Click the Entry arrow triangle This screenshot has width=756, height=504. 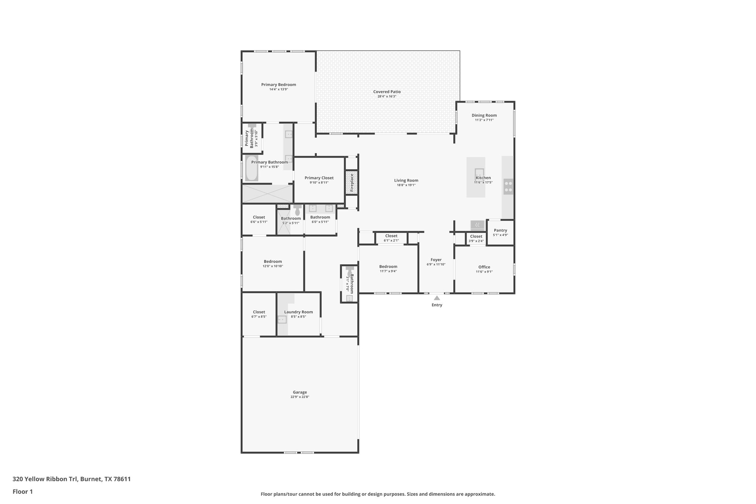pos(437,298)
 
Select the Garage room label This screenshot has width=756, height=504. pos(300,392)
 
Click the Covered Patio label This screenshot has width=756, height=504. pos(386,92)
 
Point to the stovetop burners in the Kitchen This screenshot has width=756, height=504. pos(508,186)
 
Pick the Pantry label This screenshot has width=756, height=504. pos(500,230)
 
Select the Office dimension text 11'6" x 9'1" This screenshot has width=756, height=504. pos(484,272)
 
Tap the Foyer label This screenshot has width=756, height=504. pos(436,260)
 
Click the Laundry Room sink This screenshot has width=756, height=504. pos(282,319)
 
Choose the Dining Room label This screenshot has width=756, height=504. pos(484,115)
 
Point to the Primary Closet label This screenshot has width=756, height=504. pos(319,178)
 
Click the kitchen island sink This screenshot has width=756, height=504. pos(479,172)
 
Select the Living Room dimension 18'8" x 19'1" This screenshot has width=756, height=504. pos(406,185)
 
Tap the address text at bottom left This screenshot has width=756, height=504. pos(72,479)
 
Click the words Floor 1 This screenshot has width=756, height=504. pos(23,491)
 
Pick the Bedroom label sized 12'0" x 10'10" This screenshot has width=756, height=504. pos(273,261)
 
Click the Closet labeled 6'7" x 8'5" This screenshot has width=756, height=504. pos(259,312)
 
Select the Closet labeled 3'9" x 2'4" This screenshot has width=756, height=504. pos(476,236)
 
